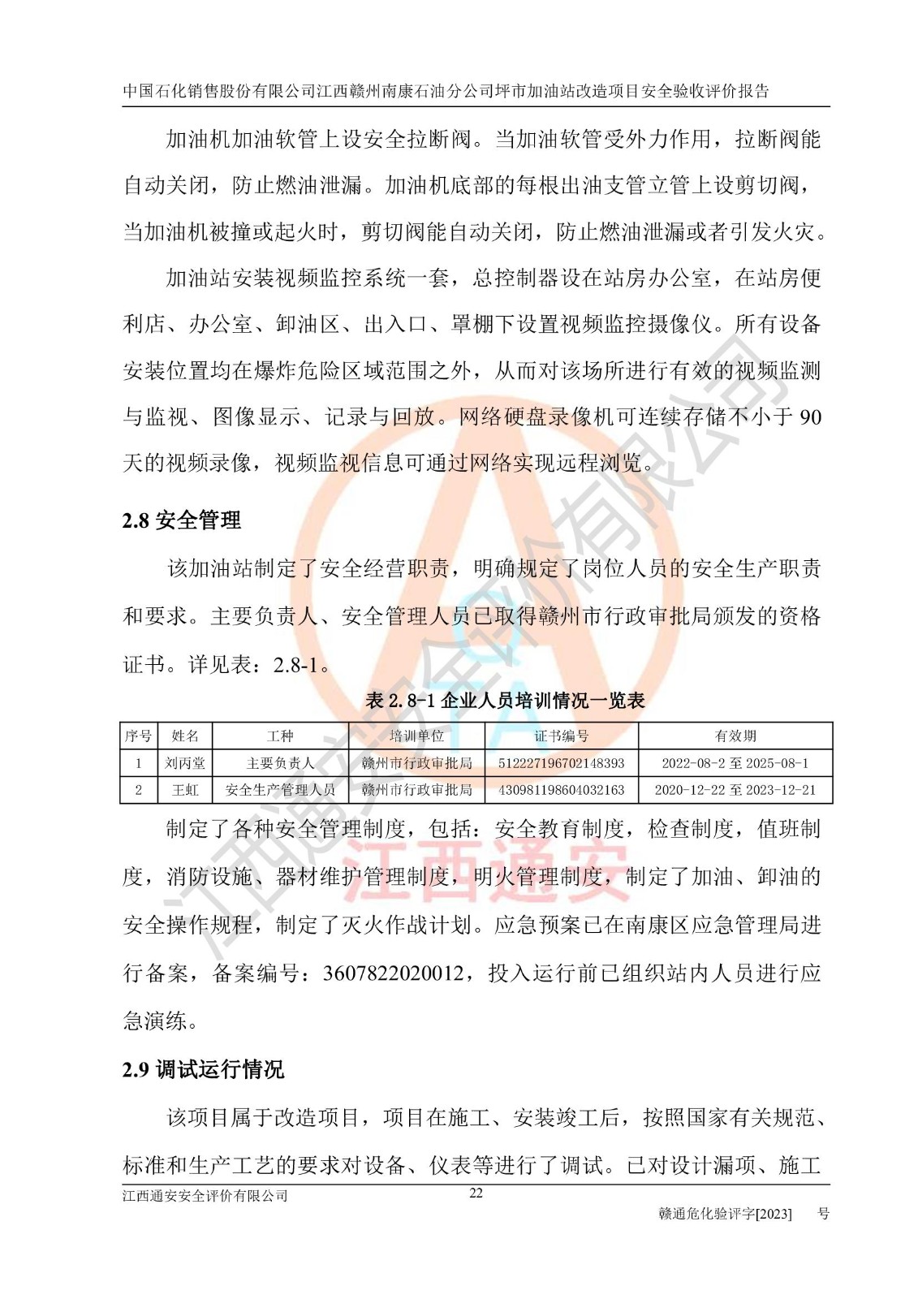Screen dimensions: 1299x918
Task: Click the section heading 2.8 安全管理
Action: click(x=181, y=520)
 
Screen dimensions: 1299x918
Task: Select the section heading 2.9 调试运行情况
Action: click(x=203, y=1069)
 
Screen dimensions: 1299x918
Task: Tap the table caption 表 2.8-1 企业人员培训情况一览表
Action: click(x=505, y=700)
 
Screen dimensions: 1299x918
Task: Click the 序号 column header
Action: click(x=138, y=736)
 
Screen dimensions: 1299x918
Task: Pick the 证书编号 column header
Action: click(x=561, y=736)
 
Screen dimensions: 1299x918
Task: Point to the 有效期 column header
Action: click(x=735, y=736)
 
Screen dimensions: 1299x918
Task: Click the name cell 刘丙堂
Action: click(x=185, y=763)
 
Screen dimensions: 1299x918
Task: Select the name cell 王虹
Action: click(x=185, y=789)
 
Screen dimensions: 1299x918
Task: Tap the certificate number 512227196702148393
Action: click(x=561, y=763)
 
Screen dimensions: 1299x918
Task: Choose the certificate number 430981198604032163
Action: click(x=561, y=789)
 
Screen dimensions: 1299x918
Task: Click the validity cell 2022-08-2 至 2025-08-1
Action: click(x=735, y=763)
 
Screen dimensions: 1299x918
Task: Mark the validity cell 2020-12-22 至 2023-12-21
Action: click(x=735, y=789)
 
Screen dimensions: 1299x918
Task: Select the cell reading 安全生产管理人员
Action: click(x=280, y=789)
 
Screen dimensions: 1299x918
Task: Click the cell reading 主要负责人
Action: click(x=280, y=763)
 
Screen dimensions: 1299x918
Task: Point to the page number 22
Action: click(x=476, y=1193)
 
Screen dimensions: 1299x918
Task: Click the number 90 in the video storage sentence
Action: click(x=810, y=417)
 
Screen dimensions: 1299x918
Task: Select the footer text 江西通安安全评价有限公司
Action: click(x=205, y=1196)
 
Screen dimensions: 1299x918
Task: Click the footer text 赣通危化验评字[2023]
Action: click(x=725, y=1214)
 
